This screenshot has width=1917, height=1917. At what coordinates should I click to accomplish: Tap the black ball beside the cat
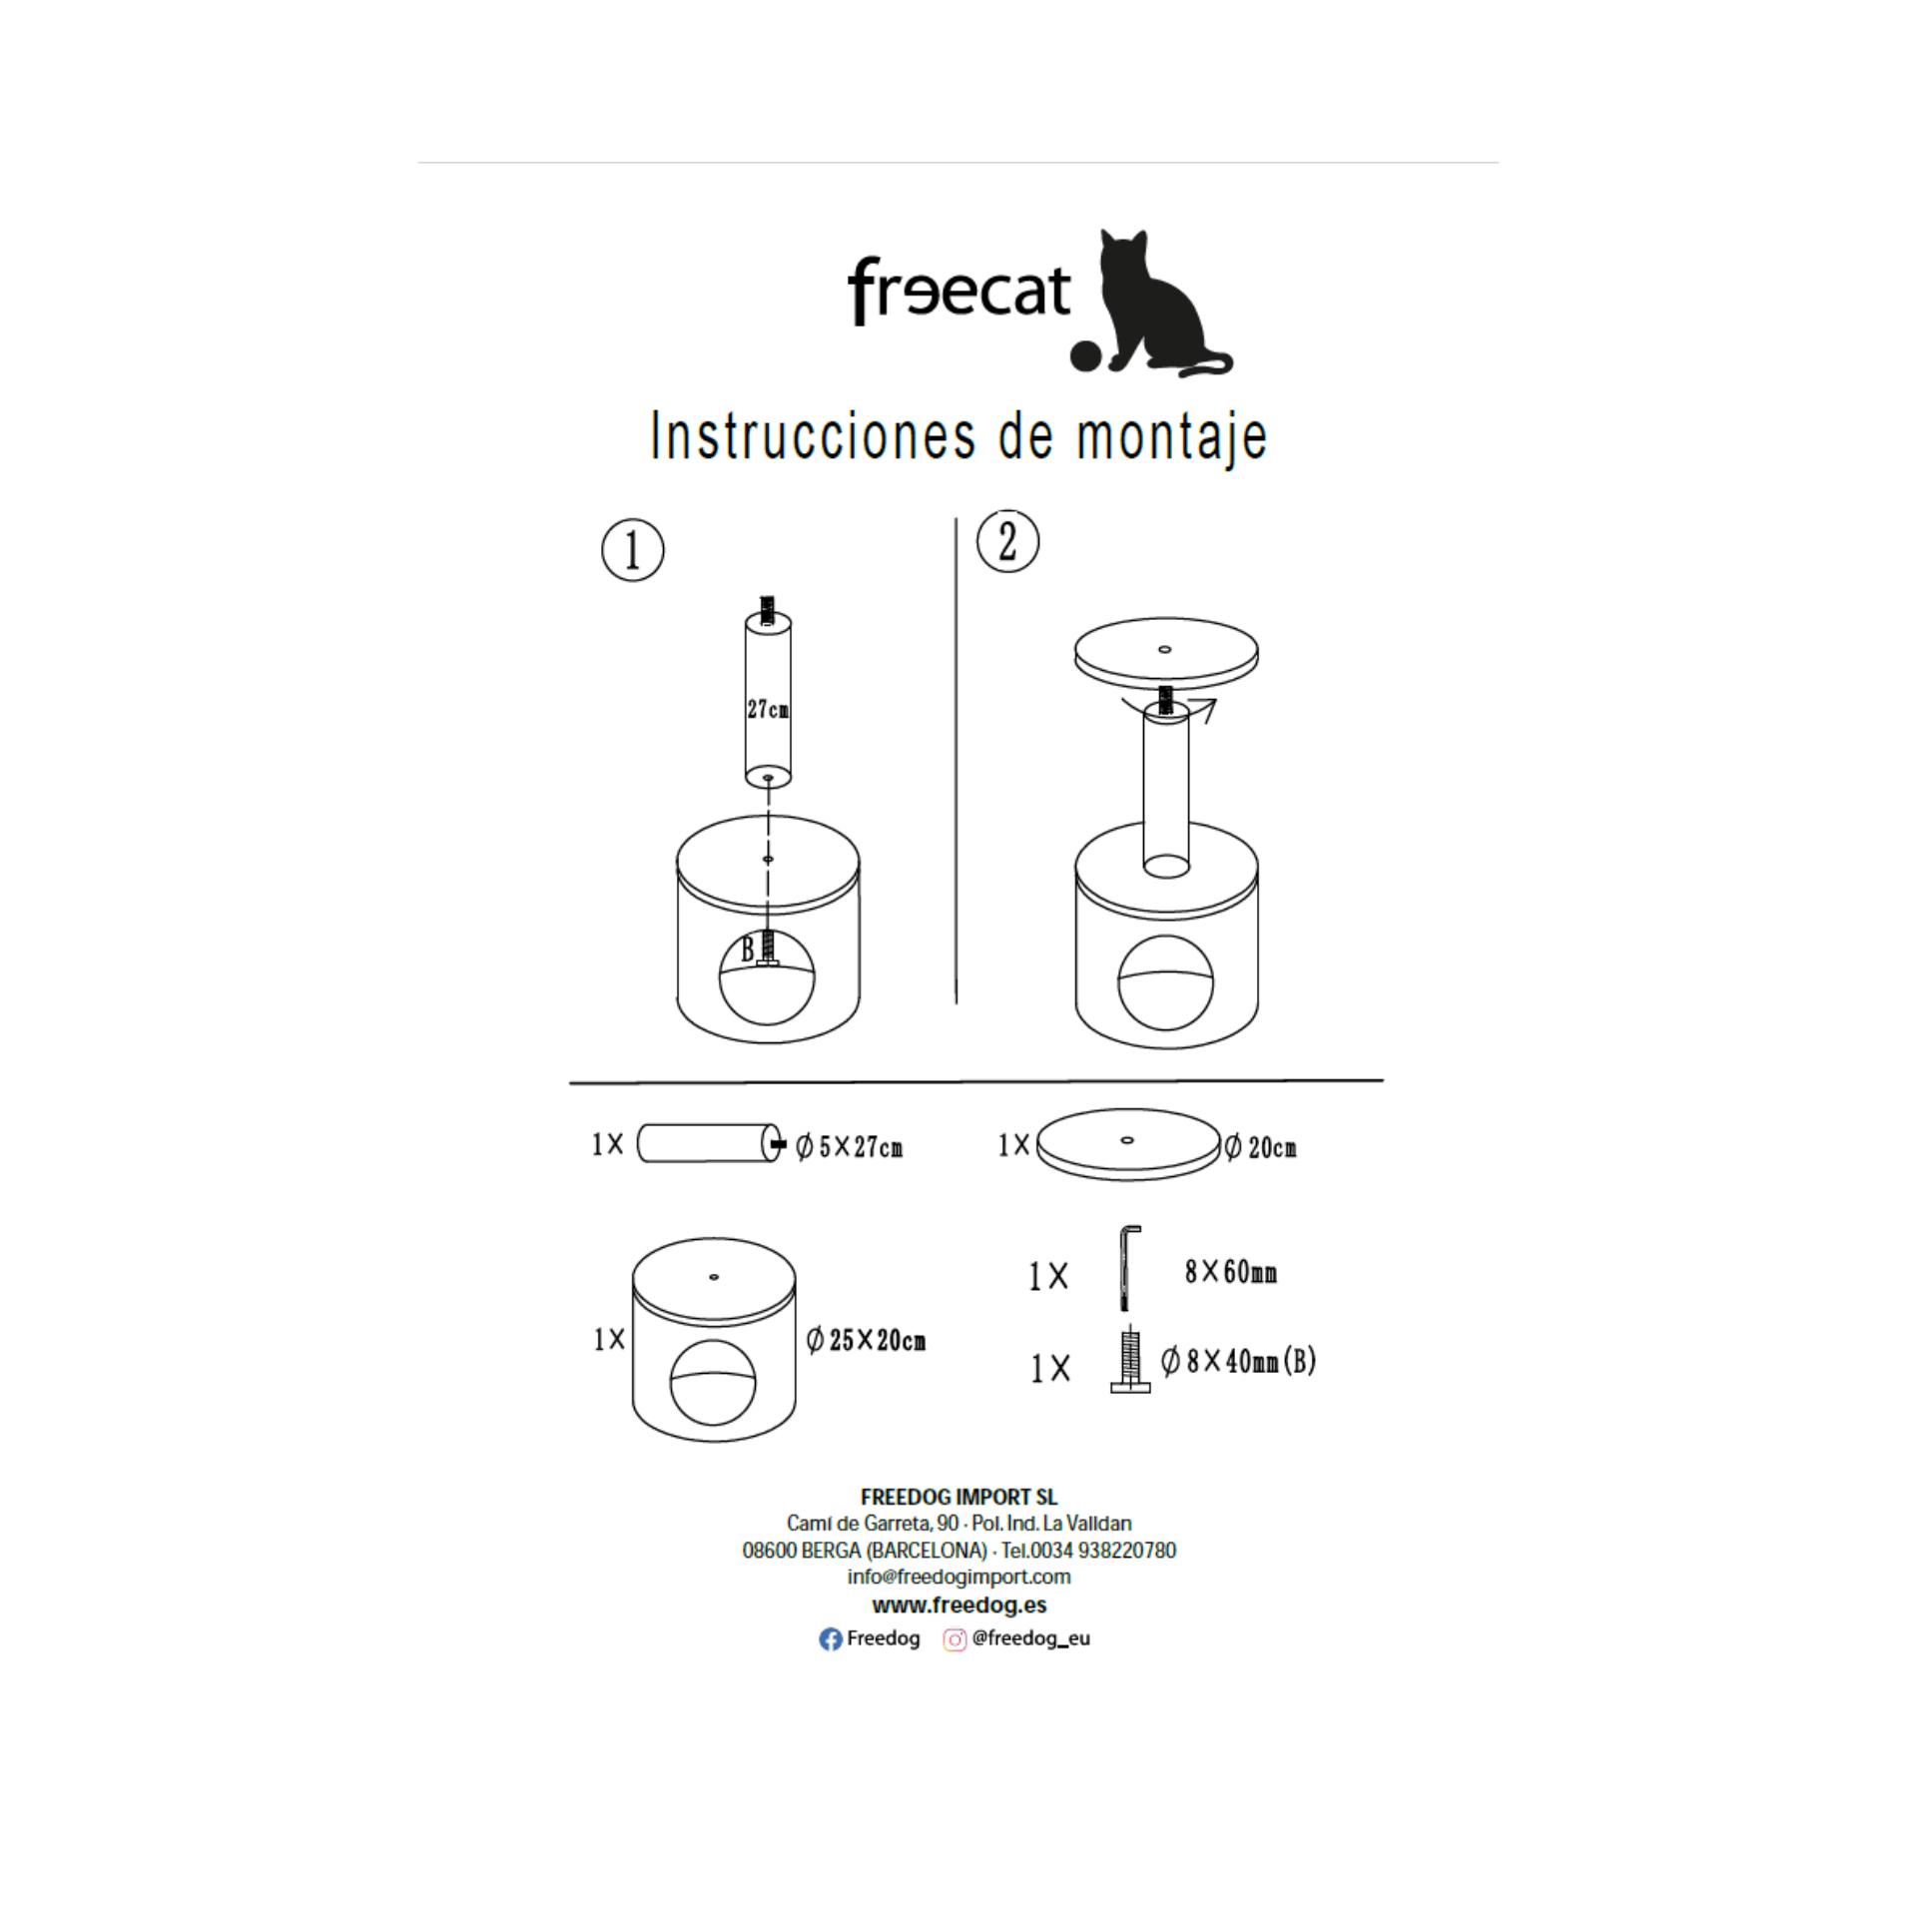click(x=1085, y=356)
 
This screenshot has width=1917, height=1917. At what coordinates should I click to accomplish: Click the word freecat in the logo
click(x=958, y=290)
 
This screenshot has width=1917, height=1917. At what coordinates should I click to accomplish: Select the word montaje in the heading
click(x=1172, y=437)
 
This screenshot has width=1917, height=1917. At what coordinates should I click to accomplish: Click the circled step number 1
click(x=632, y=550)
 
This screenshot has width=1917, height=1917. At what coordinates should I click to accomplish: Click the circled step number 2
click(x=1007, y=542)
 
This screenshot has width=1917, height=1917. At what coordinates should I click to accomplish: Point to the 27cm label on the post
click(x=768, y=709)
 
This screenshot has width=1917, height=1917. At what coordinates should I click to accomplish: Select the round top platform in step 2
click(x=1165, y=655)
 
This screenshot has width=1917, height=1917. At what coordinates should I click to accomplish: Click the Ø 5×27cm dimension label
click(x=849, y=1147)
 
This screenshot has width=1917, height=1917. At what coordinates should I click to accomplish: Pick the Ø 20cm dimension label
click(x=1261, y=1147)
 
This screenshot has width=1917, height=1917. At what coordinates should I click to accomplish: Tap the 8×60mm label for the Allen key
click(x=1230, y=1272)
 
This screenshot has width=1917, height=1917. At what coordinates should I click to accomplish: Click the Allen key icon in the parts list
click(x=1127, y=1268)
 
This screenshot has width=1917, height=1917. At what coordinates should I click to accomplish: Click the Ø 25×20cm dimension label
click(x=866, y=1340)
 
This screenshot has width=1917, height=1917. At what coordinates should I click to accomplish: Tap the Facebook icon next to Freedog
click(x=831, y=1639)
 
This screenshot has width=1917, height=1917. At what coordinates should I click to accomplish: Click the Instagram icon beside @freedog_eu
click(x=955, y=1639)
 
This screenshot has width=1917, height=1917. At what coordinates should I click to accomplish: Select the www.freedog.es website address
click(x=958, y=1605)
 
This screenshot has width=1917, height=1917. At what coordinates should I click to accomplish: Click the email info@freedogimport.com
click(x=958, y=1577)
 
